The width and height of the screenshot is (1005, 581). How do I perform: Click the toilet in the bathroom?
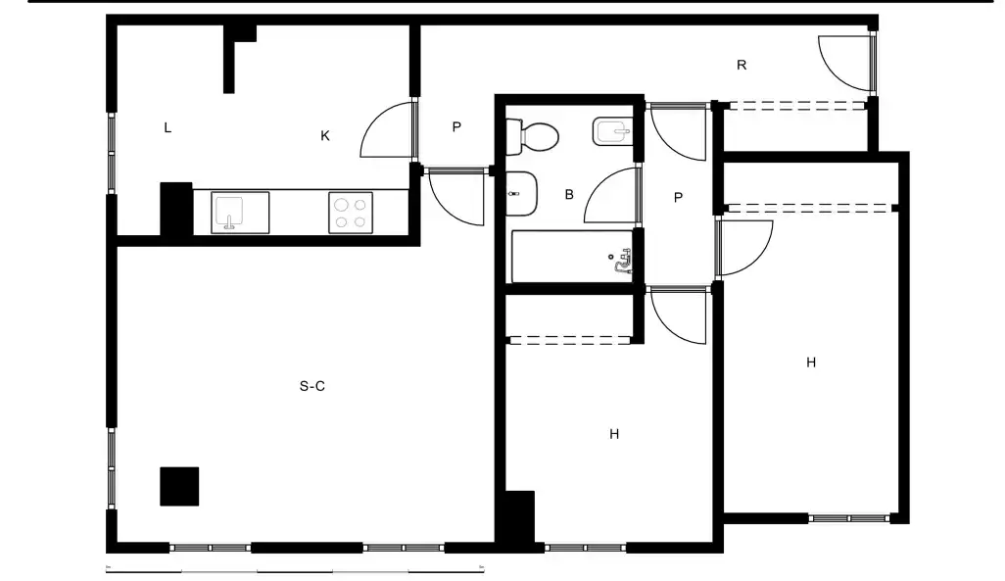[532, 136]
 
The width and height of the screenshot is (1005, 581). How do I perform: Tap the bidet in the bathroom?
[613, 131]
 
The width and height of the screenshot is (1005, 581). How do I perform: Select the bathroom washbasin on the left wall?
[521, 194]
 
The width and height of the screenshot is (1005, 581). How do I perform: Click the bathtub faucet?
[622, 261]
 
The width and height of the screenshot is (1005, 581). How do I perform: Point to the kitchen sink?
[240, 213]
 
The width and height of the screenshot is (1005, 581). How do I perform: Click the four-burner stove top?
[351, 213]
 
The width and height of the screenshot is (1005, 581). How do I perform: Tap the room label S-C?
[312, 386]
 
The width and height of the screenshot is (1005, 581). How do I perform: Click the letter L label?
[167, 127]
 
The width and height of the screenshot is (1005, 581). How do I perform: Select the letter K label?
[325, 136]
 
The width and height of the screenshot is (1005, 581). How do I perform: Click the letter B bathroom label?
[569, 194]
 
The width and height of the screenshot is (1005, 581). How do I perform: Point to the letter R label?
[742, 65]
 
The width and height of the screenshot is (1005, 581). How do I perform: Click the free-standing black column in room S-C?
[179, 486]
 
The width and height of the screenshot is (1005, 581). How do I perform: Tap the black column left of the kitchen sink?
[176, 209]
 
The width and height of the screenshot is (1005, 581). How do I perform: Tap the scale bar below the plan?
[295, 569]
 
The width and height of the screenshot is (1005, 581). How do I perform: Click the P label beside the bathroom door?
[678, 198]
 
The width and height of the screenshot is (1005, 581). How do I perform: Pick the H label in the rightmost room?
[811, 363]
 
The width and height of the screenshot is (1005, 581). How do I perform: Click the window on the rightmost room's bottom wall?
[849, 518]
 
